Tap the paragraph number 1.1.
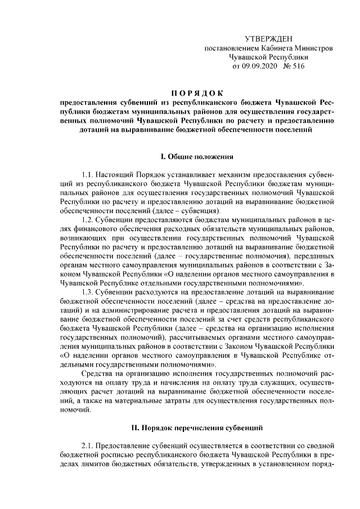88,175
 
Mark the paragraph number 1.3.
88,294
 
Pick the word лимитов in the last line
96,466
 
